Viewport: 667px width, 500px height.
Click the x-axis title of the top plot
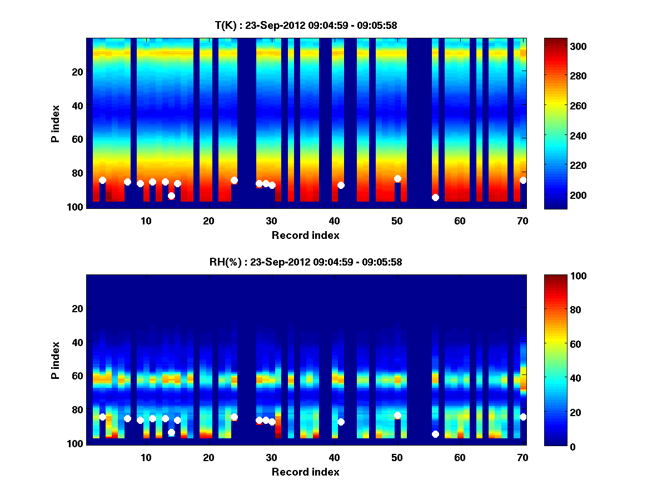click(x=306, y=235)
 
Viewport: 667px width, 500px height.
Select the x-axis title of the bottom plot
click(x=306, y=472)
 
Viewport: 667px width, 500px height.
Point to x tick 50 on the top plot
click(x=397, y=221)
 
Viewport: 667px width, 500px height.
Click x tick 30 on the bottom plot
click(x=271, y=457)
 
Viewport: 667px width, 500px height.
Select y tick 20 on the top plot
click(x=77, y=72)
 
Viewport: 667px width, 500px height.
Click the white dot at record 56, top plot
click(x=435, y=197)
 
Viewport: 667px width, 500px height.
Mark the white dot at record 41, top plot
click(x=341, y=185)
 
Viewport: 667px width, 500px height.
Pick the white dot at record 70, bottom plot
click(x=523, y=417)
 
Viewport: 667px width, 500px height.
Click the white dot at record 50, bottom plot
click(x=397, y=415)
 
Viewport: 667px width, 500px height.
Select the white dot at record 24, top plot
click(x=234, y=180)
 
